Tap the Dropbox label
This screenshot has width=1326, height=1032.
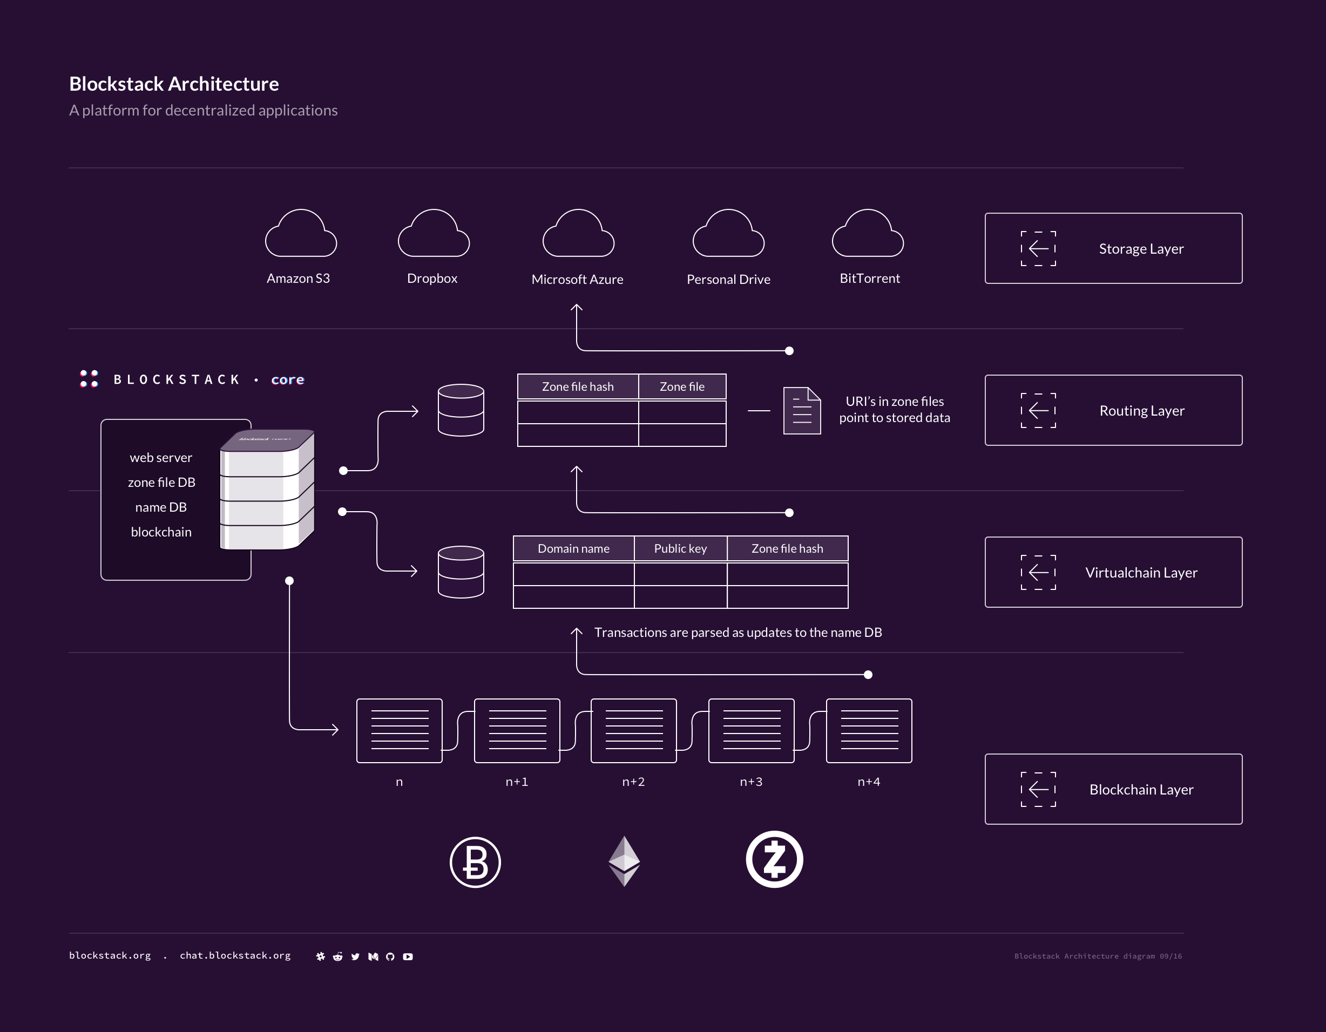coord(432,279)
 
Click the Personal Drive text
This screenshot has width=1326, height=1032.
coord(728,279)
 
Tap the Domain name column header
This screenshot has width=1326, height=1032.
coord(574,549)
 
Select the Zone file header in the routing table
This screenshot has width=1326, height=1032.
coord(682,386)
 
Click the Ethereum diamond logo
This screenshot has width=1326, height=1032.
coord(624,861)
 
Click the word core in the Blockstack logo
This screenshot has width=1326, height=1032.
coord(288,380)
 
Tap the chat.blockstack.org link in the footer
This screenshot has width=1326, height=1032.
coord(235,955)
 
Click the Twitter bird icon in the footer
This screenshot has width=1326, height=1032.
coord(355,957)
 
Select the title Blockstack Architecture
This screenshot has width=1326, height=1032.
coord(174,84)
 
